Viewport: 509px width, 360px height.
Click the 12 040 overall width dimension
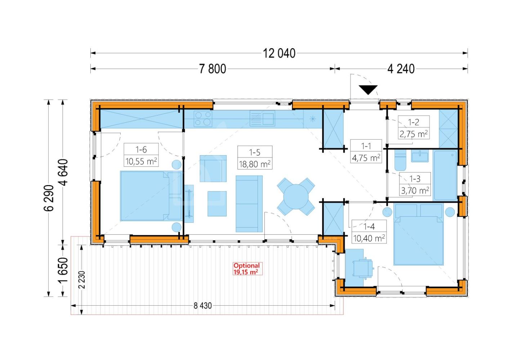point(279,53)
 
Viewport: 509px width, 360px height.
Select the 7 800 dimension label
point(213,69)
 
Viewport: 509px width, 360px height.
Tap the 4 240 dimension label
point(401,69)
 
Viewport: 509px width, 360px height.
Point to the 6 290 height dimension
point(49,198)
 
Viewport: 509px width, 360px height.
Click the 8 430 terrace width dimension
point(202,306)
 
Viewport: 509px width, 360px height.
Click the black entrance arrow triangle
point(368,90)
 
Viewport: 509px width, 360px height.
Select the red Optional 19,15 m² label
point(247,269)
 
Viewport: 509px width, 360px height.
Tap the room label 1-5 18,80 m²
point(255,158)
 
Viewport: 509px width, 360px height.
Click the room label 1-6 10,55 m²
point(141,155)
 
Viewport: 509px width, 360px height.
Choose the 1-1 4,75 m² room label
point(366,151)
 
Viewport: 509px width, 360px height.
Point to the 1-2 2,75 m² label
point(414,127)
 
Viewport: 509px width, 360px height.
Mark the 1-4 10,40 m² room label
point(369,232)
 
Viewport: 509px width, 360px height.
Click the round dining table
point(296,197)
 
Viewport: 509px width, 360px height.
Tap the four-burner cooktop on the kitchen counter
point(203,118)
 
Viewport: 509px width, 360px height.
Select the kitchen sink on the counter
point(263,118)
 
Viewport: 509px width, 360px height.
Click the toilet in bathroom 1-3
point(400,160)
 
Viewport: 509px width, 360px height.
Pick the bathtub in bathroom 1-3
point(446,176)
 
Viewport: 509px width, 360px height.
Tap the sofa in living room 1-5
point(249,204)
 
